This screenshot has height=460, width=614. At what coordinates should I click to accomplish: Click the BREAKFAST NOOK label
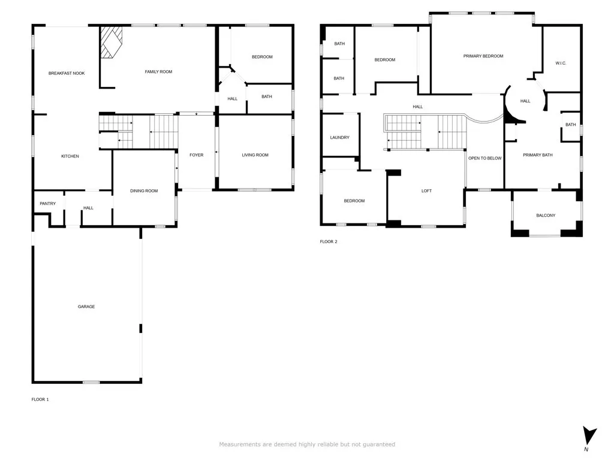tap(67, 73)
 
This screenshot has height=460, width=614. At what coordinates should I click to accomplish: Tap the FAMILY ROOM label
tap(158, 72)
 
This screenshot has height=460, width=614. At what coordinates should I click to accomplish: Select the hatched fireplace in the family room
tap(110, 42)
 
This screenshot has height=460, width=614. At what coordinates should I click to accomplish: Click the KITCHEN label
tap(70, 156)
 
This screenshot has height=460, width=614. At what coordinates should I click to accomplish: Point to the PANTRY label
tap(48, 204)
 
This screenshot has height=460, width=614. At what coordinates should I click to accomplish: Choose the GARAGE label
tap(86, 307)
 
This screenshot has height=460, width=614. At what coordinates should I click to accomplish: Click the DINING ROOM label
tap(144, 191)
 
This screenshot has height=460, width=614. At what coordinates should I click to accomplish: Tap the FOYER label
tap(196, 155)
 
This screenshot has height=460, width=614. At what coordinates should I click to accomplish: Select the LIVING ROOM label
tap(255, 155)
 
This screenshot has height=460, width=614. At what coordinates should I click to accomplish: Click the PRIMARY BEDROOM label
tap(483, 56)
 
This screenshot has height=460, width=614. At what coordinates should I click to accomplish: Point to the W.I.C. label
tap(561, 63)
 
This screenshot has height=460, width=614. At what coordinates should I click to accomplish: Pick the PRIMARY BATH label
tap(538, 155)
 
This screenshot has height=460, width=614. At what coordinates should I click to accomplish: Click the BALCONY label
tap(546, 216)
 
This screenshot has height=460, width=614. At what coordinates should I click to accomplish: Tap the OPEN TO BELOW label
tap(485, 158)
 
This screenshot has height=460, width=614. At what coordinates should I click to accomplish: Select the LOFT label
tap(426, 191)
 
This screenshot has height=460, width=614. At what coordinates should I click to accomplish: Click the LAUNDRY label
tap(339, 138)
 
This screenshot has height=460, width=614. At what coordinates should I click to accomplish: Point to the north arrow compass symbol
tap(589, 435)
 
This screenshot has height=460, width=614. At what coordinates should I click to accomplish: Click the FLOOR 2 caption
tap(329, 241)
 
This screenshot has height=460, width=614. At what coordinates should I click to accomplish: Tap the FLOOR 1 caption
tap(40, 399)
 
